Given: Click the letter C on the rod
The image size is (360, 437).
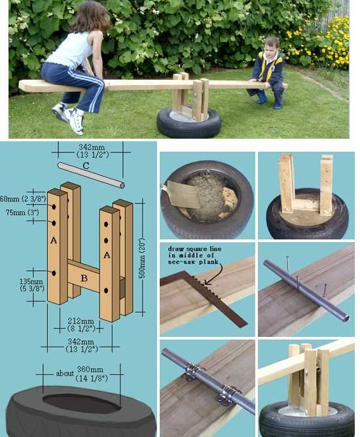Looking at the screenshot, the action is (86, 166).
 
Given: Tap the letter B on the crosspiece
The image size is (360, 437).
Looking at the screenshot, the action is (84, 278).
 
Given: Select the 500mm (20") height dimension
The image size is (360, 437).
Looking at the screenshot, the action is (142, 258).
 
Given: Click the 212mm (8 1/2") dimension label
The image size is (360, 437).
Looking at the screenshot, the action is (81, 324).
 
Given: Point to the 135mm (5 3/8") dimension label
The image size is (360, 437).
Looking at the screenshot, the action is (32, 285).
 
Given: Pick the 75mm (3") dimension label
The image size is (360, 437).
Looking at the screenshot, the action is (22, 213).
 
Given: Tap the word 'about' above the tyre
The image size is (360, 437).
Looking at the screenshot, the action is (65, 373).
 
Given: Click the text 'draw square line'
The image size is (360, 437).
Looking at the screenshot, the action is (194, 249).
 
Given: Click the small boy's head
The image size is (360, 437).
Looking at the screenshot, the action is (272, 46).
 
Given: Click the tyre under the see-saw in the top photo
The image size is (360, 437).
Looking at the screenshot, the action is (189, 122).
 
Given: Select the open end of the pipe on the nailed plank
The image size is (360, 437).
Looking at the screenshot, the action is (346, 318).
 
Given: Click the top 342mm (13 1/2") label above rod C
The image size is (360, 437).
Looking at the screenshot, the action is (92, 150).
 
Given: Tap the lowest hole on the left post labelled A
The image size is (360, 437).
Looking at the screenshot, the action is (54, 273).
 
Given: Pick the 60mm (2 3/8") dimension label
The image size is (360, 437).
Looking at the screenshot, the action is (22, 199).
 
